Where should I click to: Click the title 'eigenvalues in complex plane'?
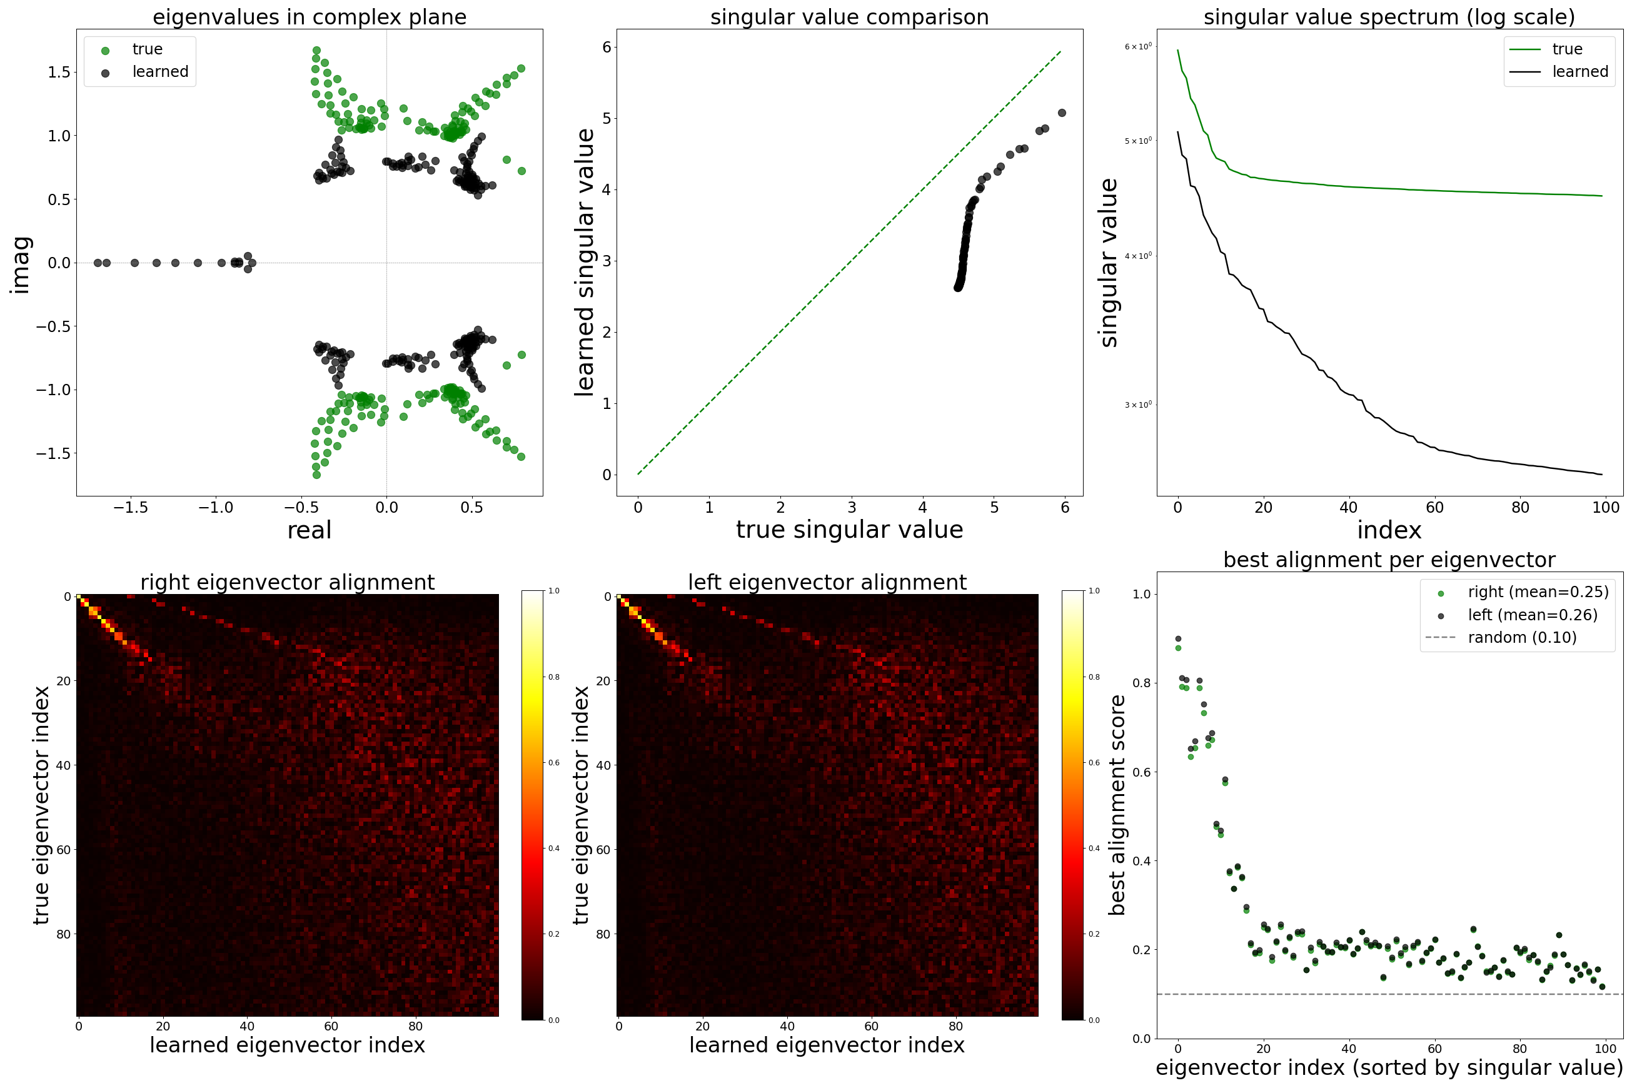point(310,17)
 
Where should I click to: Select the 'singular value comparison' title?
point(849,17)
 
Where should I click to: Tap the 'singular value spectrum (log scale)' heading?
point(1389,17)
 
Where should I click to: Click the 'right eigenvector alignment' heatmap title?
point(287,582)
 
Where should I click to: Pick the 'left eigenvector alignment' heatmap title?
point(827,582)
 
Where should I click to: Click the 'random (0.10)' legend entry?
point(1522,637)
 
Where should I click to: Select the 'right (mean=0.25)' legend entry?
point(1538,592)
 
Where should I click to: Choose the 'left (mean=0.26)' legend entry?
point(1532,615)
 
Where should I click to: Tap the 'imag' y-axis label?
point(21,264)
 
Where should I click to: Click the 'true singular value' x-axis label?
point(849,530)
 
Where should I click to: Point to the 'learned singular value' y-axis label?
point(584,262)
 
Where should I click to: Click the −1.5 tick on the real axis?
point(131,507)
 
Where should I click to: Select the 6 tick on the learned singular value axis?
point(607,47)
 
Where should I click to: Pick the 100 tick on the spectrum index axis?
point(1606,507)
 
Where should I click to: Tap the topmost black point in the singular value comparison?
point(1062,113)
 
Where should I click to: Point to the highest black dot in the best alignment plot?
point(1177,638)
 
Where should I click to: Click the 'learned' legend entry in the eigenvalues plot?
point(159,72)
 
